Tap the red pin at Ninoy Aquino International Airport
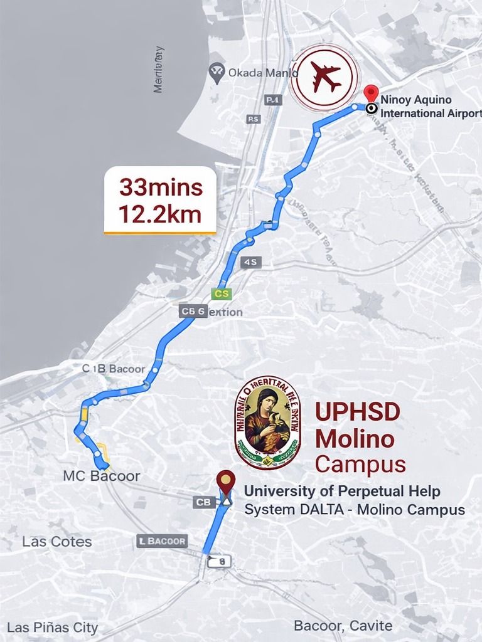coord(372,93)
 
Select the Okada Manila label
coord(262,73)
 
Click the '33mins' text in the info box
coord(161,187)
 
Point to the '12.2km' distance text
coord(160,214)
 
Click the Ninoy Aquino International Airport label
coord(429,107)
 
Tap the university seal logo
coord(267,422)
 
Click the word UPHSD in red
coord(357,412)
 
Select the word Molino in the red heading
coord(355,438)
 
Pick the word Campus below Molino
coord(360,465)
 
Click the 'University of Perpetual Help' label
coord(342,491)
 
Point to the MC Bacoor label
coord(102,476)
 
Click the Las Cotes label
coord(57,542)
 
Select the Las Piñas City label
coord(53,628)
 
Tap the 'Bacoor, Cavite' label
coord(343,626)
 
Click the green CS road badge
coord(222,293)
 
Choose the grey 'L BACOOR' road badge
coord(162,540)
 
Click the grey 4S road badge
coord(250,262)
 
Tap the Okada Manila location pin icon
coord(217,73)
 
